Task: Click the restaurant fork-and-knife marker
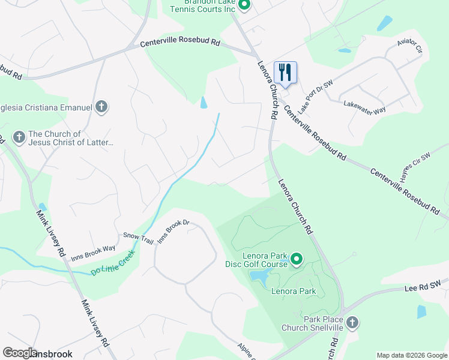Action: click(x=286, y=73)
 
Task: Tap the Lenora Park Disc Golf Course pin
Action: click(x=296, y=259)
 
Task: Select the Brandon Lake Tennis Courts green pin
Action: click(x=244, y=5)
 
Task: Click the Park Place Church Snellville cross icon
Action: click(x=352, y=323)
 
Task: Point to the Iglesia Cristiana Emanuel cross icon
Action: click(x=101, y=107)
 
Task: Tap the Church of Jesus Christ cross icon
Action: click(x=19, y=138)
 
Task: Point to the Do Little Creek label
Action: click(x=113, y=263)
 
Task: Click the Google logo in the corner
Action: click(x=20, y=353)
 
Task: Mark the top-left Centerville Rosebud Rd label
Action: click(x=181, y=43)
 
